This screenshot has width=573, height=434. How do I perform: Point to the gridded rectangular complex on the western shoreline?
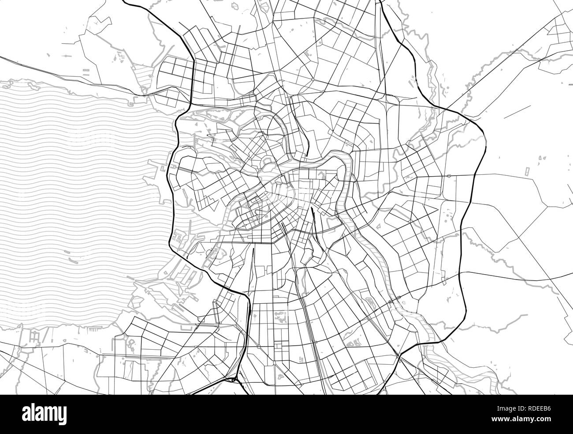click(180, 238)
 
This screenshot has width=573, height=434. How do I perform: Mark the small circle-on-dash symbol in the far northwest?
click(67, 56)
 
